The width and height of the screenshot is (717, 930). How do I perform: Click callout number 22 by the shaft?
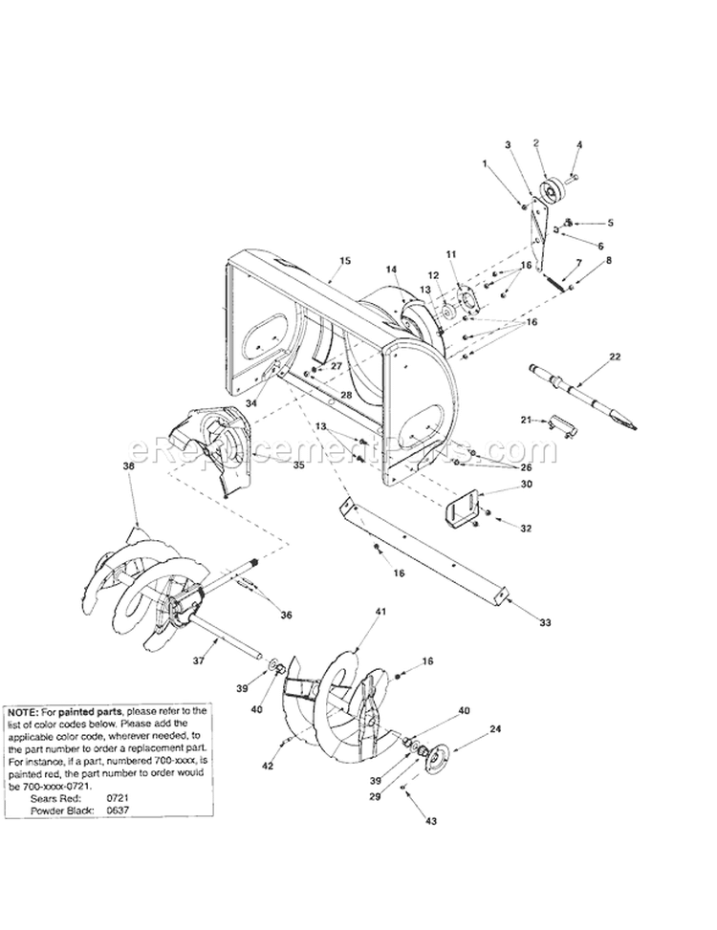tap(615, 357)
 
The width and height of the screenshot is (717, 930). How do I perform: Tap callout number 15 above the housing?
tap(345, 260)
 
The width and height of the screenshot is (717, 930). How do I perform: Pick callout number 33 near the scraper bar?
tap(545, 622)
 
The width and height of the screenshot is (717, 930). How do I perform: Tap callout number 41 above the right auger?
tap(380, 610)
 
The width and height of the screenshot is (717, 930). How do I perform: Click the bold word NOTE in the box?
tap(23, 712)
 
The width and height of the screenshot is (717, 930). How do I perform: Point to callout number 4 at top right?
tap(578, 145)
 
